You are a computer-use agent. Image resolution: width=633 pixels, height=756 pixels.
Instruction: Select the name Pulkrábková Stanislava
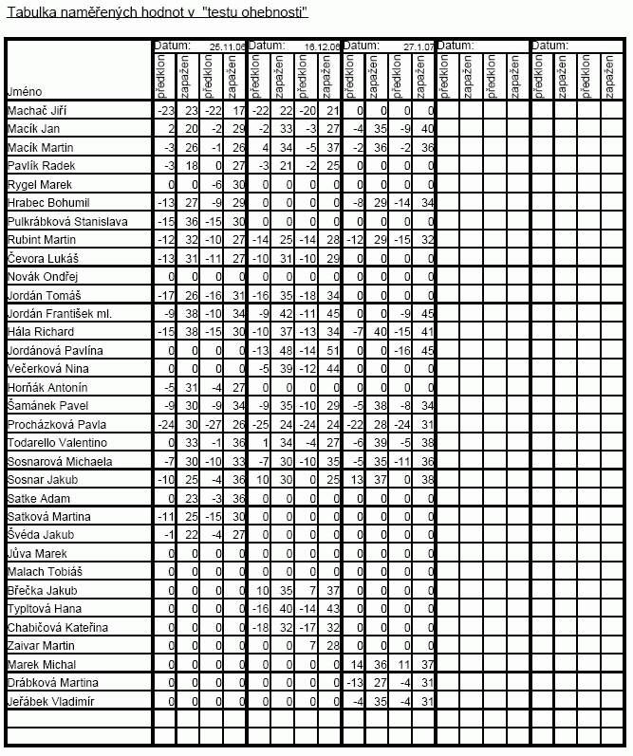click(x=61, y=221)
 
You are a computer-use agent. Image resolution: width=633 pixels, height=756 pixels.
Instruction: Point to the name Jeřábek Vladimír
click(x=47, y=701)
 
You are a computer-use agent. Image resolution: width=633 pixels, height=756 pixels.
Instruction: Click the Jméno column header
click(x=23, y=92)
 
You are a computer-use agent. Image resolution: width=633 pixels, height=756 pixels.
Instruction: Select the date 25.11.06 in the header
click(x=227, y=46)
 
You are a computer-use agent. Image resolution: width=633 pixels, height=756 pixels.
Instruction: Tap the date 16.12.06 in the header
click(x=322, y=46)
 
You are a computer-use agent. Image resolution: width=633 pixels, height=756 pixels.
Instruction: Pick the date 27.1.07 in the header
click(x=419, y=46)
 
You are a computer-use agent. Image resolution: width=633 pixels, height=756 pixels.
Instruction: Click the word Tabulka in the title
click(x=28, y=12)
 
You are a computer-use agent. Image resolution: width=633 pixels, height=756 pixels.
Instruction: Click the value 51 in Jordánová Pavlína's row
click(x=333, y=351)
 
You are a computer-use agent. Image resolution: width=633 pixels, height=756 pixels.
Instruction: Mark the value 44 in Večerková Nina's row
click(x=333, y=369)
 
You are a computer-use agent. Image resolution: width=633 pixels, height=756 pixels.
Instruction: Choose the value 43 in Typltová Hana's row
click(x=333, y=609)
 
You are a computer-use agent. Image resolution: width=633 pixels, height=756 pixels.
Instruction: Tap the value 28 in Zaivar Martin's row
click(x=333, y=646)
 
